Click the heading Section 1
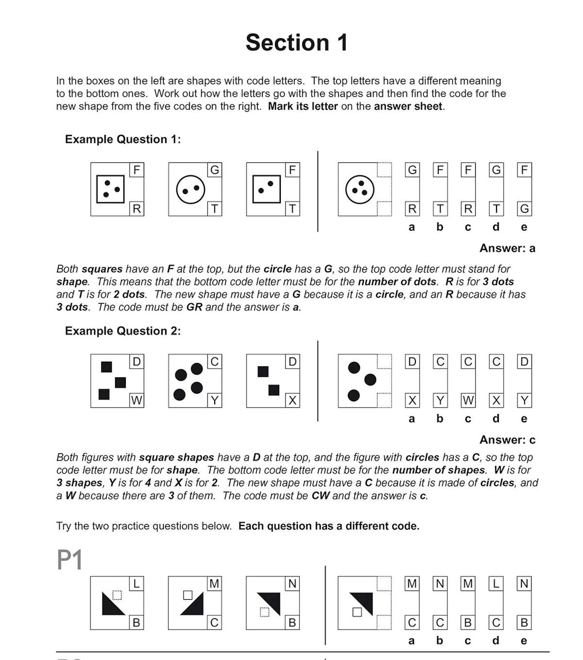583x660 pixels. pos(296,42)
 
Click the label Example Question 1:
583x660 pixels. pos(122,139)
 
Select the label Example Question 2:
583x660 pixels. pos(122,331)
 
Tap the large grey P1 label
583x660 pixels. pos(69,560)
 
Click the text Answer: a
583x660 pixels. pos(507,248)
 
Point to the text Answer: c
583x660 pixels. pos(507,440)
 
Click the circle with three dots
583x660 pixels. pos(360,189)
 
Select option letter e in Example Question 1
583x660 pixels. pos(524,227)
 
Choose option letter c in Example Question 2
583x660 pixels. pos(468,418)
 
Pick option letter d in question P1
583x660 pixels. pos(496,641)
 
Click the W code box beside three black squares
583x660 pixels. pos(137,400)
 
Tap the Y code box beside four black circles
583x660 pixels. pos(214,400)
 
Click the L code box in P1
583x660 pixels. pos(137,584)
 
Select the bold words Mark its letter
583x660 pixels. pos(303,106)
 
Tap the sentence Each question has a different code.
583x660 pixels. pos(329,526)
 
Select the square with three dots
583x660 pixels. pos(110,189)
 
